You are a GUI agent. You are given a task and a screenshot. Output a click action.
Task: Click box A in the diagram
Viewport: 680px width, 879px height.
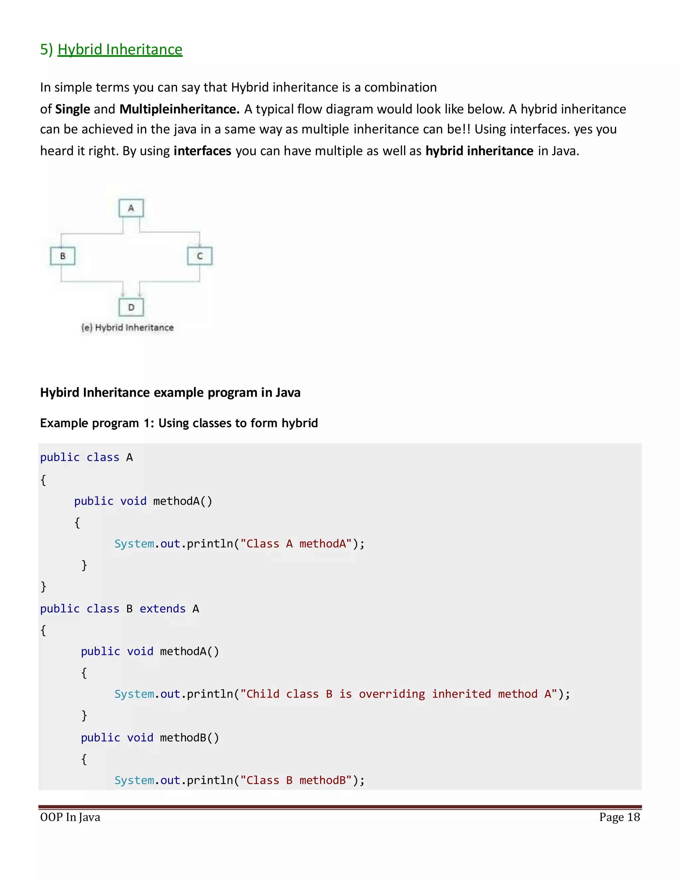click(x=131, y=208)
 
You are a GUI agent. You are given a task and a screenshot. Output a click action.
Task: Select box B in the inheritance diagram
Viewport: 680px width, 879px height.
click(x=62, y=256)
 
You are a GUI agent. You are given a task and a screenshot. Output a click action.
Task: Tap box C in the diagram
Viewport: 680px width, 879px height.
click(x=200, y=256)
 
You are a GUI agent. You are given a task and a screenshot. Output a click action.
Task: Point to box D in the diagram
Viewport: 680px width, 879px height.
click(x=131, y=307)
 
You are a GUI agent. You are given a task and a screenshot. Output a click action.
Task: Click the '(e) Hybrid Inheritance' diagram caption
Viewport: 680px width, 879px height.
click(x=127, y=328)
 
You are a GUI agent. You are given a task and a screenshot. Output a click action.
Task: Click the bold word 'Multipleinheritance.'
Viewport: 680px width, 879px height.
click(x=179, y=109)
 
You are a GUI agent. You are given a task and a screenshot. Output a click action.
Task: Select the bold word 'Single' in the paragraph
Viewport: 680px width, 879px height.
click(x=72, y=109)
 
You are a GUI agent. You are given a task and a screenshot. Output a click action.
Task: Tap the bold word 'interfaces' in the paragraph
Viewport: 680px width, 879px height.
click(x=202, y=151)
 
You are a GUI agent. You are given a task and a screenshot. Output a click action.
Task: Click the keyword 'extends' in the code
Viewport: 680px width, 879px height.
click(x=162, y=609)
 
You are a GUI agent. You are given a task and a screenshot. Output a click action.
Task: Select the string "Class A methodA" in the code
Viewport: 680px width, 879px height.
click(x=296, y=544)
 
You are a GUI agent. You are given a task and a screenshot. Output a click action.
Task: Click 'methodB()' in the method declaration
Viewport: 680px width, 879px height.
click(x=189, y=737)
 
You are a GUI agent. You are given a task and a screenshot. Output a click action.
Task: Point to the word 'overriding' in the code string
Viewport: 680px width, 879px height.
click(x=391, y=694)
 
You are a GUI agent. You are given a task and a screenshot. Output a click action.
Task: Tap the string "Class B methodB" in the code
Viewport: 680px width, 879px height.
click(x=296, y=780)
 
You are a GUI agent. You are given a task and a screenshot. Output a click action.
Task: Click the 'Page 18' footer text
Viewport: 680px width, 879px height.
click(x=619, y=817)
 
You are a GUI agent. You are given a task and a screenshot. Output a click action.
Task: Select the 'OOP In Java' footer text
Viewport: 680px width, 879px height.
click(x=70, y=817)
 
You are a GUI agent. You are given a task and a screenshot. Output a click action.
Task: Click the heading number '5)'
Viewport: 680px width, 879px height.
click(x=46, y=49)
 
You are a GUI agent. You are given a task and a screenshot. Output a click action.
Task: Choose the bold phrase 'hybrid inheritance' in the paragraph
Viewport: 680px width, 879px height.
click(x=479, y=151)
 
